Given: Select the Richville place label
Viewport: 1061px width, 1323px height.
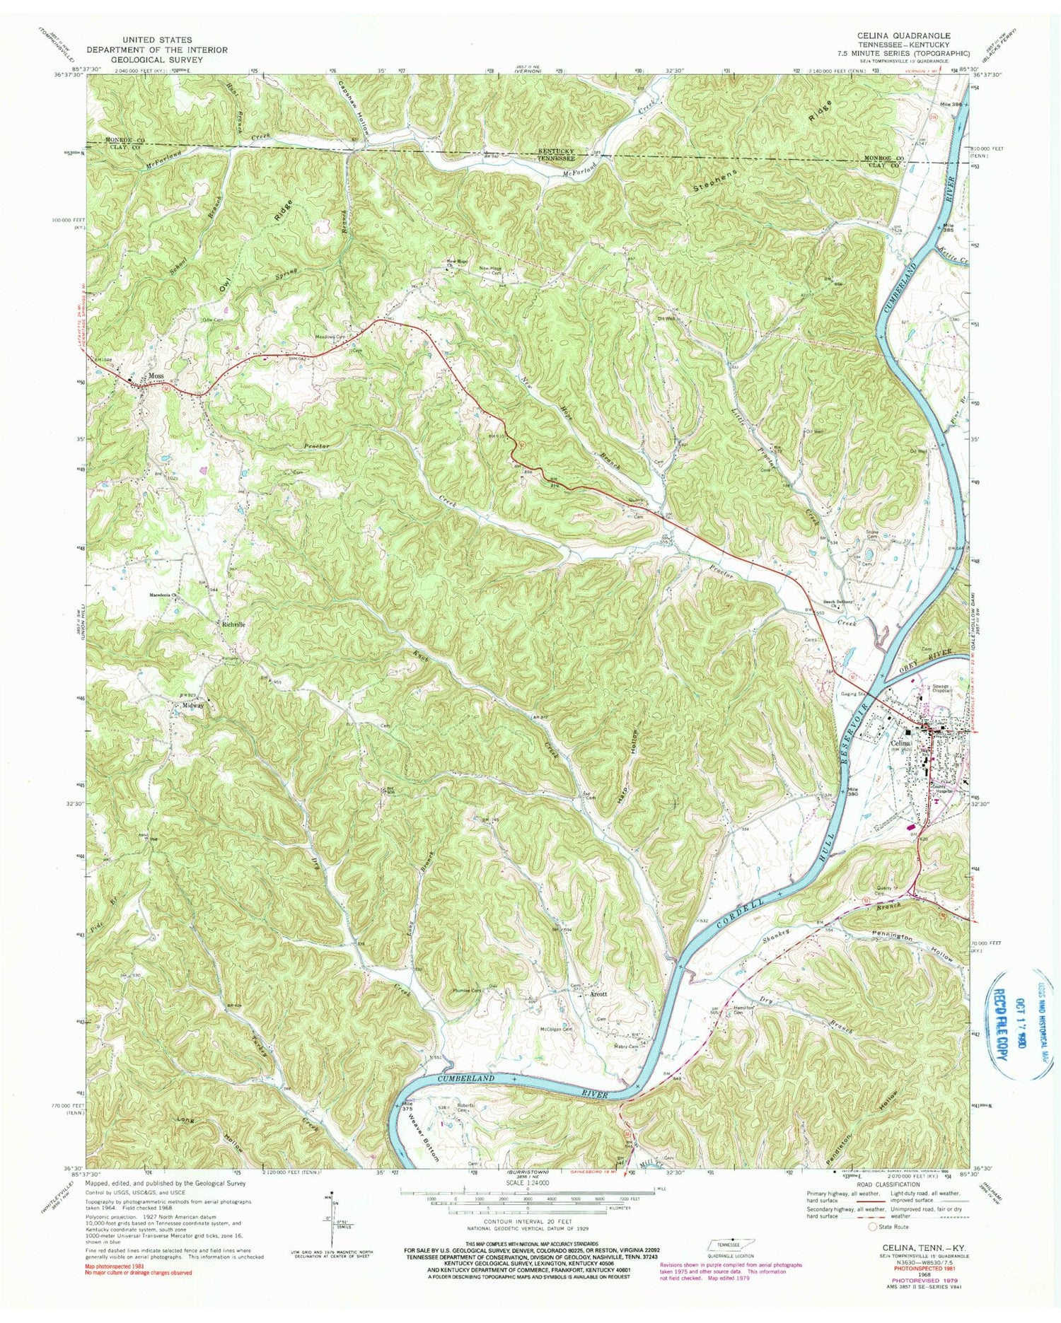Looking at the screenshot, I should (233, 625).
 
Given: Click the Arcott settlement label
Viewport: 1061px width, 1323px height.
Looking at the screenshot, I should (600, 994).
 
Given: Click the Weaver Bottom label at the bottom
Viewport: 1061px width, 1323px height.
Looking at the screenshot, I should (424, 1140).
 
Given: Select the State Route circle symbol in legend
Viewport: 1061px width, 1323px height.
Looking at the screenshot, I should (872, 1227).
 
